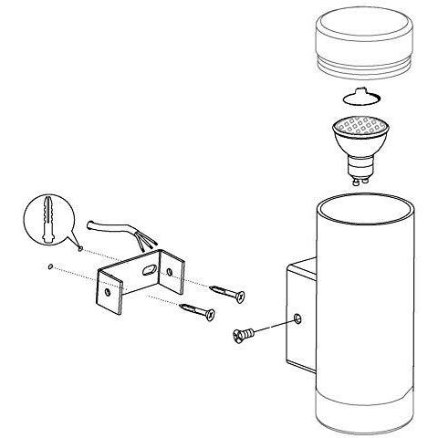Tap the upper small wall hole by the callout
point(80,246)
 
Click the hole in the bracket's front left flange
point(109,294)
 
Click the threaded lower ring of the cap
point(362,68)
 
